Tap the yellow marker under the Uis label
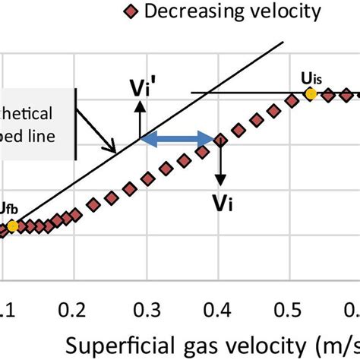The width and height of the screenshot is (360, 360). (310, 93)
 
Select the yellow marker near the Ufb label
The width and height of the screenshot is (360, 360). (13, 226)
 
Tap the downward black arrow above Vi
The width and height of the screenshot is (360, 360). (219, 163)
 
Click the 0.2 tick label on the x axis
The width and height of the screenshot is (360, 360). (75, 308)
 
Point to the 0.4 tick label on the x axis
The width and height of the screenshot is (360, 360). (221, 308)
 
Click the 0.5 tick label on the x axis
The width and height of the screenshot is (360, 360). (295, 308)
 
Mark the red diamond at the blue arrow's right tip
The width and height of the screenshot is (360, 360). (219, 140)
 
